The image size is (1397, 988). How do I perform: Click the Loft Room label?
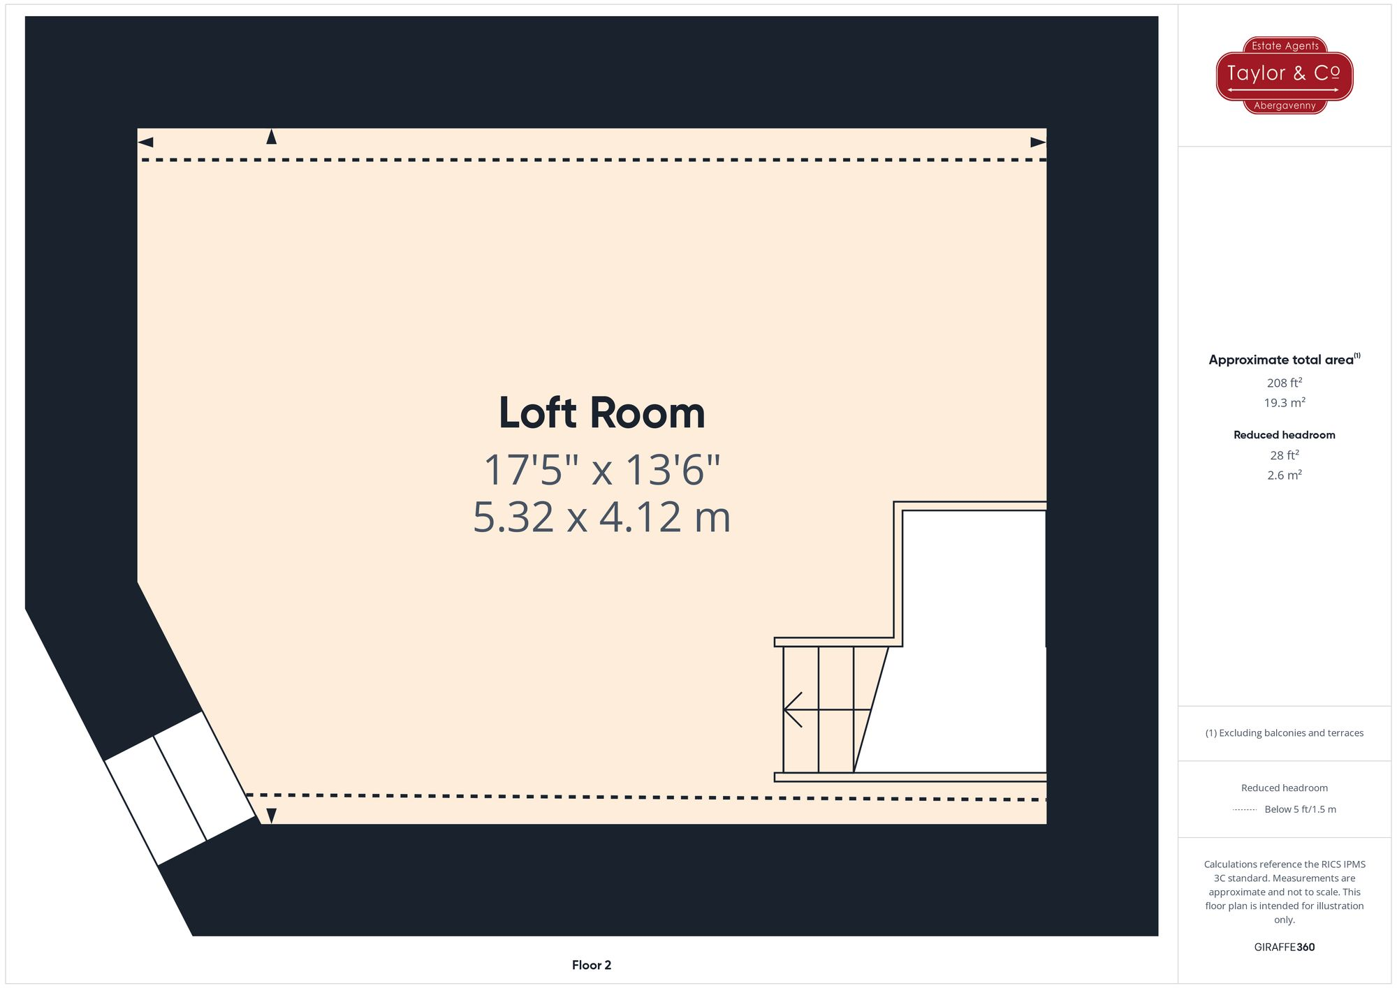601,413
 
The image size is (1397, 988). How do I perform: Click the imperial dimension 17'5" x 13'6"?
601,470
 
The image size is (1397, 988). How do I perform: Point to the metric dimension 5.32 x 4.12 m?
601,517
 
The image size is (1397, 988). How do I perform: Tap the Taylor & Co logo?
1284,75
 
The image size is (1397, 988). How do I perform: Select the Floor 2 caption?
591,965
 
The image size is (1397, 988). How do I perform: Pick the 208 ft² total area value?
1284,383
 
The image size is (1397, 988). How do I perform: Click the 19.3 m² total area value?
1284,403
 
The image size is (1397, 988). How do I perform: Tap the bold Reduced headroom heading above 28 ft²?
1284,435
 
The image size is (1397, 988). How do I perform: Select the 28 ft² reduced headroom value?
1284,455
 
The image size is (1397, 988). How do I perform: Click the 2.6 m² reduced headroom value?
1284,475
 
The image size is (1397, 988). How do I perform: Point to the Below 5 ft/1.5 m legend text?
1300,809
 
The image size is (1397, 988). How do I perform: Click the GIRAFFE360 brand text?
1284,948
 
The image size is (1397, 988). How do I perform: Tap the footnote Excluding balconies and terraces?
1284,733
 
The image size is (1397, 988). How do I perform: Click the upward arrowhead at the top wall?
272,137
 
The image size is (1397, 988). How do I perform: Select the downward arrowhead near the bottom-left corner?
272,816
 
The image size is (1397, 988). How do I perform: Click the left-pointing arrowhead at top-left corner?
145,142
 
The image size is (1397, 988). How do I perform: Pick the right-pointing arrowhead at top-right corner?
1038,142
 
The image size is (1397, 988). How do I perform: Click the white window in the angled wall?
180,788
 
